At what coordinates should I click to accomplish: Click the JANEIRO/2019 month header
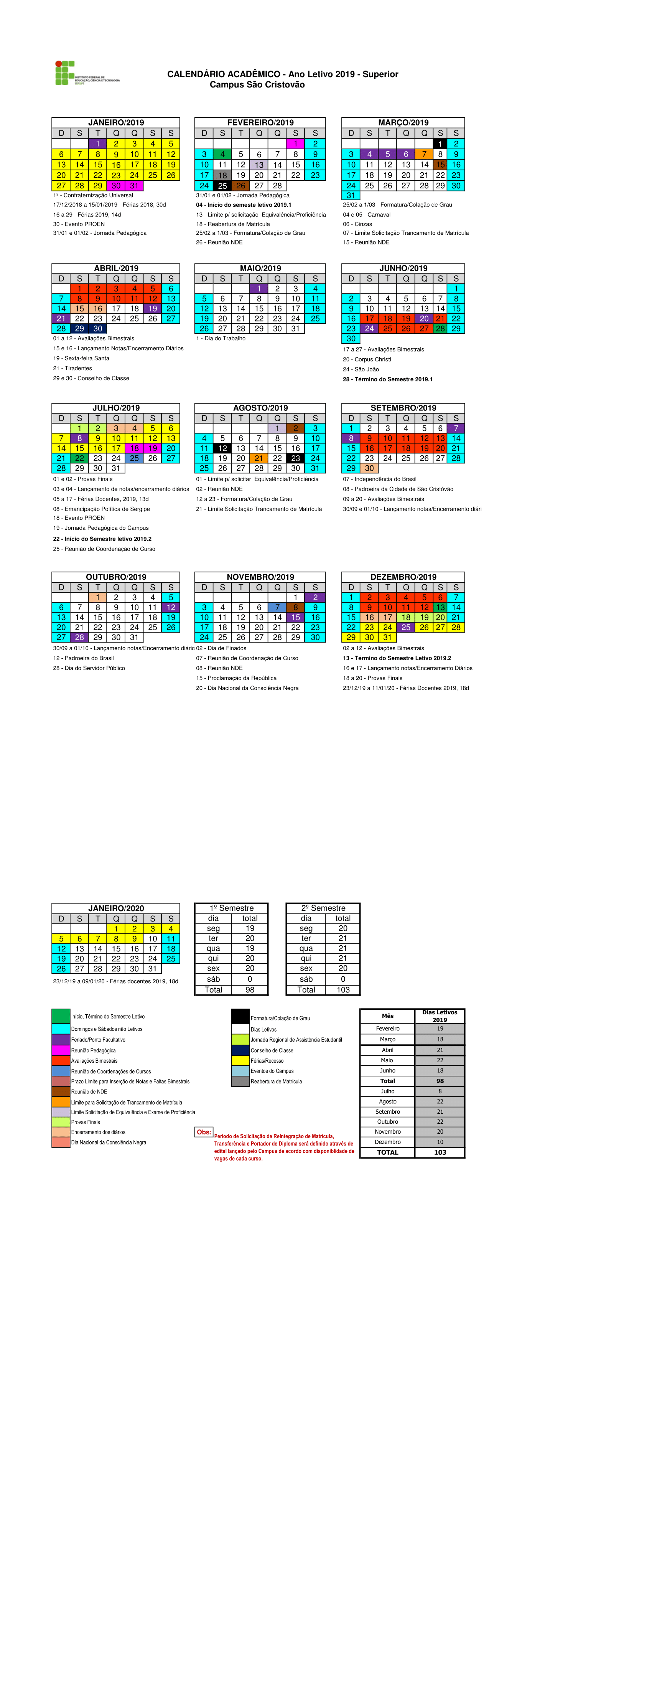115,122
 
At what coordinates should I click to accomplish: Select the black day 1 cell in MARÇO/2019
440,143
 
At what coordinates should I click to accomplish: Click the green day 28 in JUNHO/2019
440,328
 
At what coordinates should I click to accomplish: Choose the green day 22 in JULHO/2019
79,458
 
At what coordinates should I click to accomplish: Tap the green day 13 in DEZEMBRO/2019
440,607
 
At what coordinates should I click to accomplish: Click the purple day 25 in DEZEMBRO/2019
406,627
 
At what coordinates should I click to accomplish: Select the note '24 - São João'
361,369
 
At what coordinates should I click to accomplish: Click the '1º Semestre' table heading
231,908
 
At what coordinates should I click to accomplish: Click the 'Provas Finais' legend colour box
61,1122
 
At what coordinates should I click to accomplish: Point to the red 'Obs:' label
204,1132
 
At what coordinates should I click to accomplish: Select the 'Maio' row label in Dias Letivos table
387,1060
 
